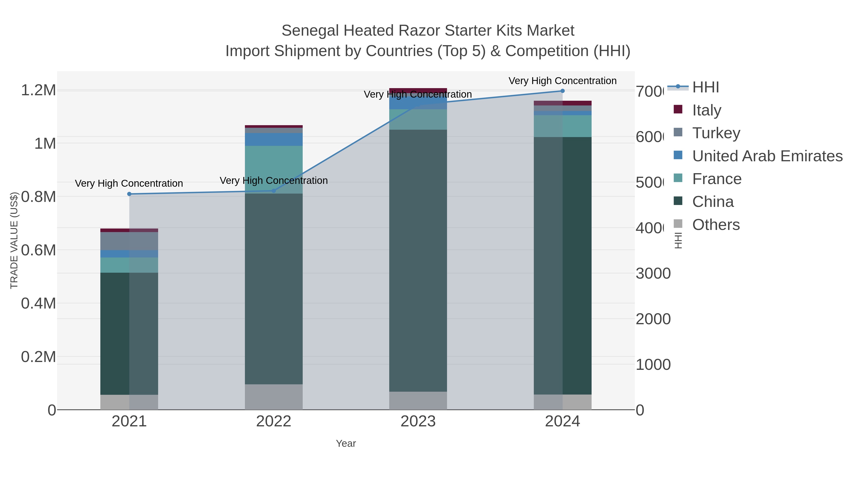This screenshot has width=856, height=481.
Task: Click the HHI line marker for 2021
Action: tap(129, 194)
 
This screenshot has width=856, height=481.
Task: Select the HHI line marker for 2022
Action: tap(274, 190)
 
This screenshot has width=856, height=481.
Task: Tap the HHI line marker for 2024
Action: tap(563, 91)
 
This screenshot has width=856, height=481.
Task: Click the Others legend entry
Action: tap(716, 224)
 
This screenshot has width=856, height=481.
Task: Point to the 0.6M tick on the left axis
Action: tap(38, 250)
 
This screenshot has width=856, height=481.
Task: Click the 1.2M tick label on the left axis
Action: tap(38, 90)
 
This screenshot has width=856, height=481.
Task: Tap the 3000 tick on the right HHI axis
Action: tap(653, 274)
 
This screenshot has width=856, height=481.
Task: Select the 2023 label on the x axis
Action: tap(418, 421)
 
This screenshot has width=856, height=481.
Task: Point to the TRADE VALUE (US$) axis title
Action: tap(14, 240)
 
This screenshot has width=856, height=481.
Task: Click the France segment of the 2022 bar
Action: tap(274, 169)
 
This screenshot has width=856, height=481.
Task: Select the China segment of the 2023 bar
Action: tap(418, 261)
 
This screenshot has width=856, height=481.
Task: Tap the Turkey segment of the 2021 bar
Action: tap(129, 241)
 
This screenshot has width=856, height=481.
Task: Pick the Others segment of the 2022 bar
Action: tap(274, 397)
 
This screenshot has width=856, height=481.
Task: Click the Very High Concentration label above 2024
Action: tap(562, 81)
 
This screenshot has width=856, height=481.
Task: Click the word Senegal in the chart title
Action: tap(310, 31)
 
